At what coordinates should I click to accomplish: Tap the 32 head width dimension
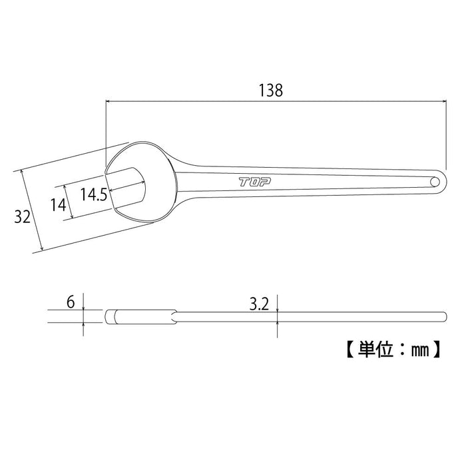coord(23,216)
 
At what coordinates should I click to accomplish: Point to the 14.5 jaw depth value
coord(94,194)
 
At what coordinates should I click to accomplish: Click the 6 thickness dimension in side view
coord(70,302)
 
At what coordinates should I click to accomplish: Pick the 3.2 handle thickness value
coord(257,305)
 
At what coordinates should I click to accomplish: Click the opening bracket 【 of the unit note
coord(349,348)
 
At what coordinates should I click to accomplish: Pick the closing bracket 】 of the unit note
coord(437,348)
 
